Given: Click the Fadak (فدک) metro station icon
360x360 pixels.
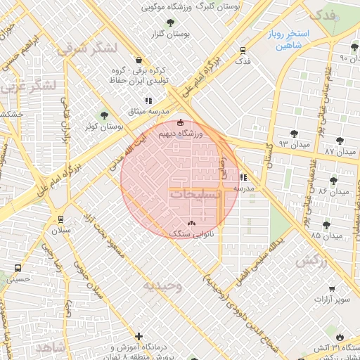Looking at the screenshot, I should point(243,51).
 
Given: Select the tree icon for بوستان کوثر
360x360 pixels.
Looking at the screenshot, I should point(105,115).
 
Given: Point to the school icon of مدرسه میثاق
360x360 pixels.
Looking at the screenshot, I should point(148,101).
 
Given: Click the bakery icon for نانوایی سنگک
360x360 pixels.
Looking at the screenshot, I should point(192,222).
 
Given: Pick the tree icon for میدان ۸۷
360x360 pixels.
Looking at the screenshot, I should point(341,141).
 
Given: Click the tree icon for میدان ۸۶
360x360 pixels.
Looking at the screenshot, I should point(333,181).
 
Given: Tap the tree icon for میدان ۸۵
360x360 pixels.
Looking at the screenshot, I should point(326,225).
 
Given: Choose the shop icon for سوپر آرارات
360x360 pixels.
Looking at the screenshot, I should point(332,288).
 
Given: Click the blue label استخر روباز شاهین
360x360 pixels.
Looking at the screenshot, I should point(284,39).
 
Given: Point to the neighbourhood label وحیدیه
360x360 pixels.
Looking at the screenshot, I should point(162,285).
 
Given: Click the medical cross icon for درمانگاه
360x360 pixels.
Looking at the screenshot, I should point(139,337).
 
